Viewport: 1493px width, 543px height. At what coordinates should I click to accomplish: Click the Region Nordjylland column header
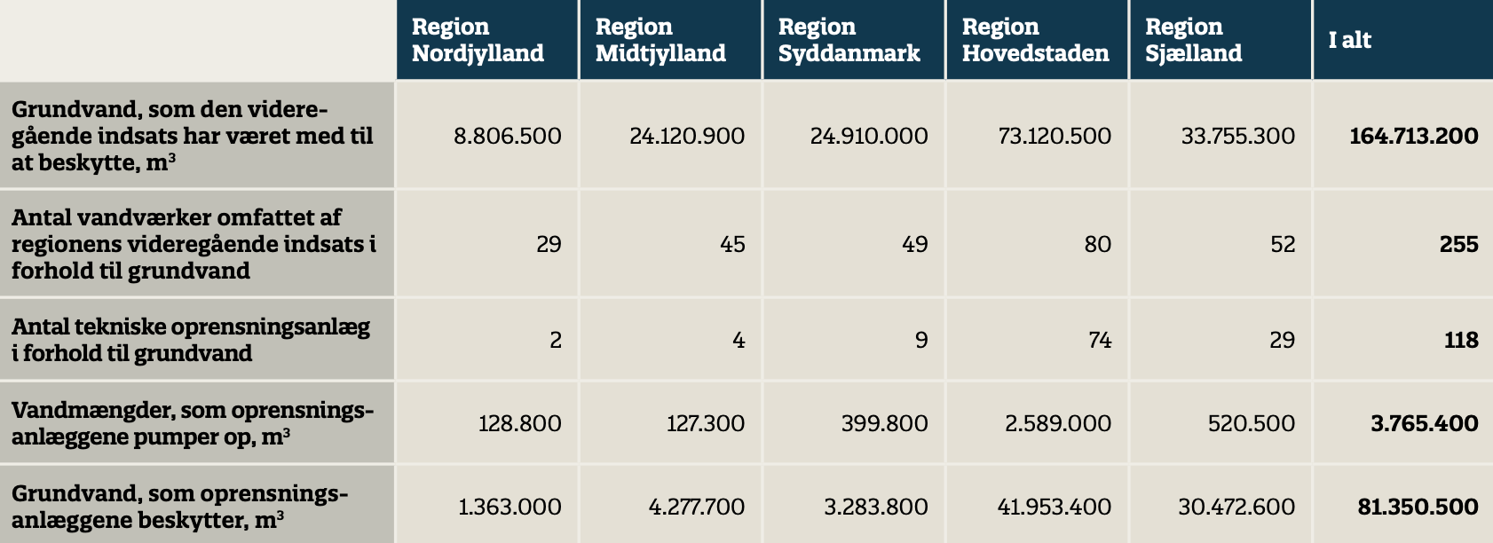478,40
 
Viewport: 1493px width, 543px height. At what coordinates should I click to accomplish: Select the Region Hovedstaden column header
1035,40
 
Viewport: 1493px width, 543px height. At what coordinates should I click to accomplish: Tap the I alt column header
1349,40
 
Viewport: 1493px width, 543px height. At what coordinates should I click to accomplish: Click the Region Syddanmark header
849,40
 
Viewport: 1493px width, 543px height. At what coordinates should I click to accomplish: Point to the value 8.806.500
507,136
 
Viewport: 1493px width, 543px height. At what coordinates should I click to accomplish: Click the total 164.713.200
1413,136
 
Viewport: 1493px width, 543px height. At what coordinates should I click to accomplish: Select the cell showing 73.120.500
1055,136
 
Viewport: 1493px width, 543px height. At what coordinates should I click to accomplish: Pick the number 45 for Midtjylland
732,244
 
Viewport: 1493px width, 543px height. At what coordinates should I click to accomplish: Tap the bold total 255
1458,244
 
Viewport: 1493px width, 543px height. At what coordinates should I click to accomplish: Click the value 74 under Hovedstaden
1100,340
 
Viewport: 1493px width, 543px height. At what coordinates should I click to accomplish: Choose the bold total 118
1460,340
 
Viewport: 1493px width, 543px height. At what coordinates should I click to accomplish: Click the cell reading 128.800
519,423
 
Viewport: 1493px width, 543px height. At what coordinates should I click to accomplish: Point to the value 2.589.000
1057,423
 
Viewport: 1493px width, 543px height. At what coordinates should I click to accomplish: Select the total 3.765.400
1424,423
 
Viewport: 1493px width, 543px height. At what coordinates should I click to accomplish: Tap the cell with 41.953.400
1055,507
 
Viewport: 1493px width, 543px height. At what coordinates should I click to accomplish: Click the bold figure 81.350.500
1418,507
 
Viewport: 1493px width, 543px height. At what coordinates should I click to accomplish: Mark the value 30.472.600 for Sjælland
1236,507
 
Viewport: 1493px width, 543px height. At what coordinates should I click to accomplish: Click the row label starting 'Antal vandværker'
194,244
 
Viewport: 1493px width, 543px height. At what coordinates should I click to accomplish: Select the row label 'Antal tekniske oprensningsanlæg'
191,340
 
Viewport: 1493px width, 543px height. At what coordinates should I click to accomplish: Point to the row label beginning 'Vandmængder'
193,423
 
